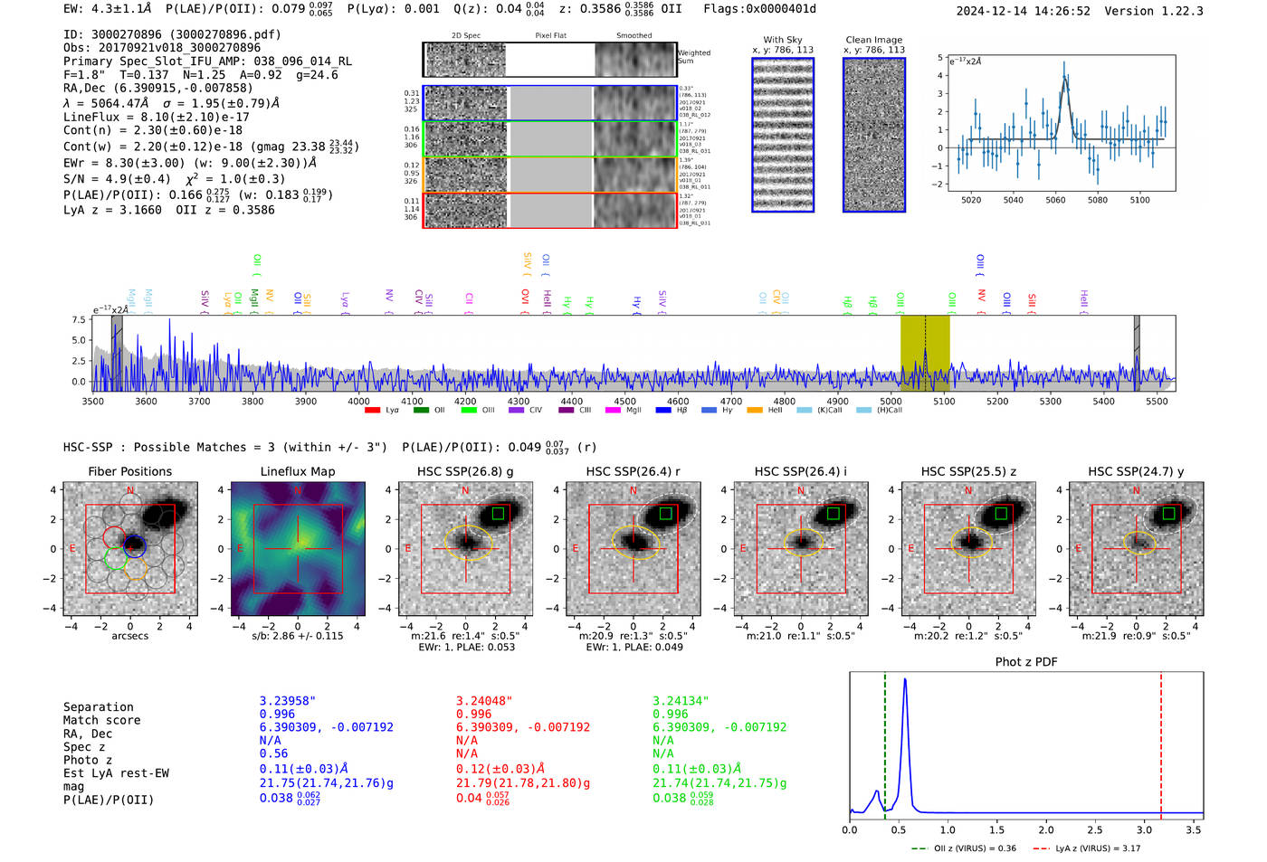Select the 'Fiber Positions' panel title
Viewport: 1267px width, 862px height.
(x=129, y=471)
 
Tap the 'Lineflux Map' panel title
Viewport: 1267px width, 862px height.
(x=297, y=471)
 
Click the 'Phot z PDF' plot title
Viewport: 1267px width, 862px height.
(x=1026, y=662)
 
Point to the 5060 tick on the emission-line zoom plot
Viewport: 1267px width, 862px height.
(x=1055, y=200)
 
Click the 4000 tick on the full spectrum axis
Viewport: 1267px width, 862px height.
(x=358, y=401)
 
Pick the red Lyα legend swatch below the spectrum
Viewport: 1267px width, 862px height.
(x=372, y=411)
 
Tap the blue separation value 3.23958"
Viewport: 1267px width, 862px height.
(x=288, y=701)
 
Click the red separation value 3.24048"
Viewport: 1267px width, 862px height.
(x=484, y=701)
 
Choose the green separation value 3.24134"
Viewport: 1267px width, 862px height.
(x=681, y=701)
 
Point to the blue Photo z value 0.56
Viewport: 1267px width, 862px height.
(x=273, y=753)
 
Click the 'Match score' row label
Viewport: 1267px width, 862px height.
(x=101, y=721)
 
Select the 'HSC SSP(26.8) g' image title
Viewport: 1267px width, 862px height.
(x=465, y=471)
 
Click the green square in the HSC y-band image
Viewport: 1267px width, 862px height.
(x=1168, y=514)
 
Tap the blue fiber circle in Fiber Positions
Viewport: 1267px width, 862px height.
(x=134, y=545)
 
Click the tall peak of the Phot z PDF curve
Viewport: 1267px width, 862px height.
(x=905, y=680)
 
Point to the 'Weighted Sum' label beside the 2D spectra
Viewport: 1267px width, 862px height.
(x=694, y=57)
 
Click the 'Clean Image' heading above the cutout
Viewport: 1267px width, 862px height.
(x=873, y=40)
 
